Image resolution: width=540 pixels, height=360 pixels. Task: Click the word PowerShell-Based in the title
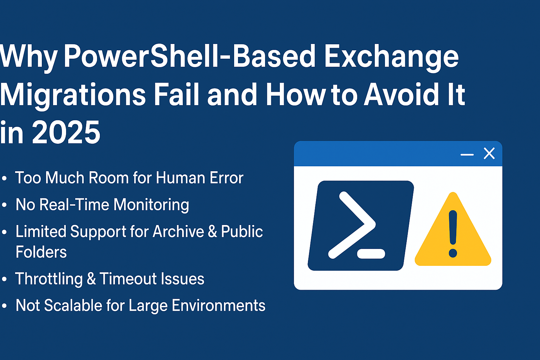[189, 56]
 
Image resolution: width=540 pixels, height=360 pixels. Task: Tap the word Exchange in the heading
[391, 58]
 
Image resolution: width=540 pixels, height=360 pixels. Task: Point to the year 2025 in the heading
[66, 132]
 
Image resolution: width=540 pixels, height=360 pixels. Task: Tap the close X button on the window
[489, 153]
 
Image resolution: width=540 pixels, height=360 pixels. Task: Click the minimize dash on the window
[467, 155]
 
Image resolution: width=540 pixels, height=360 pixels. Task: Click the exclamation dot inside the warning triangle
[453, 253]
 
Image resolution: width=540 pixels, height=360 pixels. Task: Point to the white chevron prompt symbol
[352, 225]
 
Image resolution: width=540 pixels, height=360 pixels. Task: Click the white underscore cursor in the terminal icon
[371, 254]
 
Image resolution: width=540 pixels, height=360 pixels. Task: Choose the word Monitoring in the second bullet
[151, 205]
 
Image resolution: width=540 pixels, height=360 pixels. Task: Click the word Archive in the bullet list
[178, 231]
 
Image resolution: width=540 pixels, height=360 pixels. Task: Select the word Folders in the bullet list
[41, 252]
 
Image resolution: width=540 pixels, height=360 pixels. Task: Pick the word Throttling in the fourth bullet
[49, 279]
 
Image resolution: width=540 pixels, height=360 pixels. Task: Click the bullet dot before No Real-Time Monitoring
[4, 205]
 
